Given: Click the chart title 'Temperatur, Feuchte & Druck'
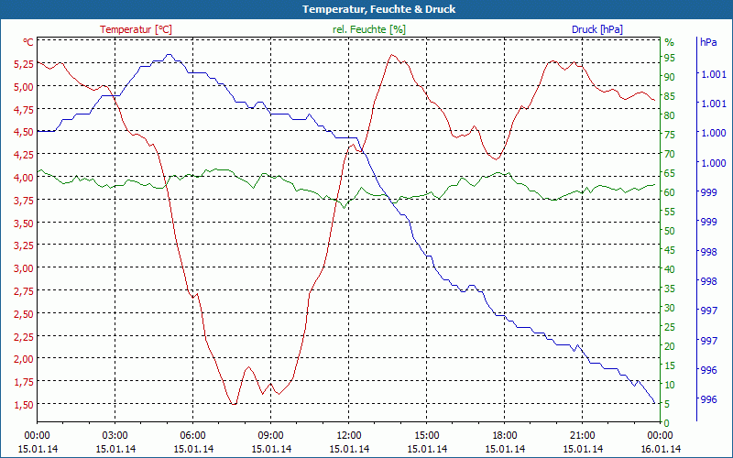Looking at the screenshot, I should (x=366, y=9).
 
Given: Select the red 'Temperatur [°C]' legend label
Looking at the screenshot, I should (x=136, y=29).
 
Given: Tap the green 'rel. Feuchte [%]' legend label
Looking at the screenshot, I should (x=369, y=29).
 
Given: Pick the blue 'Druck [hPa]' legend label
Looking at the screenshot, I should (x=596, y=29).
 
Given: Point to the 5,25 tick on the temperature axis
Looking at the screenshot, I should (x=24, y=64).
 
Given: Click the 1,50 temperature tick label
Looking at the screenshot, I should (x=24, y=404).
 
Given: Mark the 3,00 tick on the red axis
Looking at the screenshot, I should (x=24, y=268).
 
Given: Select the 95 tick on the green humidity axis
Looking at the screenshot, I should (x=669, y=58).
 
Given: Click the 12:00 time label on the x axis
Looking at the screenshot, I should (x=349, y=435).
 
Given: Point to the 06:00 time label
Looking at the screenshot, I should (x=193, y=435).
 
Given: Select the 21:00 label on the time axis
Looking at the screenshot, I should (x=583, y=435).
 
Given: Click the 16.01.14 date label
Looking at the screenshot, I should (x=661, y=449).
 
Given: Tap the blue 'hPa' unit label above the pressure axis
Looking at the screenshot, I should (x=708, y=42).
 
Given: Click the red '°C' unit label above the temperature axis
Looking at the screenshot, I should (x=28, y=42).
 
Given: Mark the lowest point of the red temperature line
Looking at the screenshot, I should (x=235, y=403).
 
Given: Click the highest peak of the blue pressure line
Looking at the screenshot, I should (x=169, y=56).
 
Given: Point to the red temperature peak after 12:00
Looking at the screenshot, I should (x=392, y=55).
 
